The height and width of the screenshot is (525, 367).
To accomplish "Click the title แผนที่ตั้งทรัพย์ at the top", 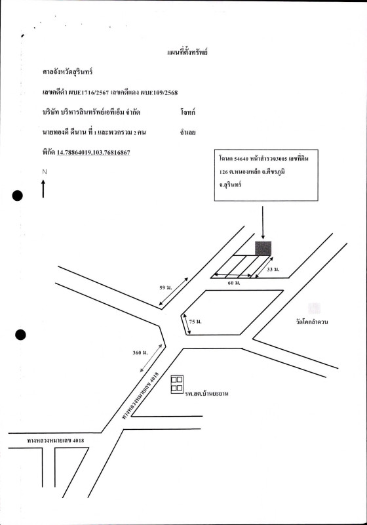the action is point(187,52).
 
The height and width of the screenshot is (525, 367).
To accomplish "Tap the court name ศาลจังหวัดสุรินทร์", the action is point(68,72).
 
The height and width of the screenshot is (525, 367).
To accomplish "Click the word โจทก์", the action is point(188,112).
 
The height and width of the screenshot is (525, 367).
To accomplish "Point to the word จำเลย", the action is point(187,133).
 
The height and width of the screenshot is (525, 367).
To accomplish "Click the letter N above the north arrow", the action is point(45,172).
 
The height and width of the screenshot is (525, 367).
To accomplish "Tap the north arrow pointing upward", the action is point(43,188).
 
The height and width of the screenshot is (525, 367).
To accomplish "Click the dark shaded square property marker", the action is point(263,248).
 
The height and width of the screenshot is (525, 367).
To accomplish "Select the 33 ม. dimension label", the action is point(273,269).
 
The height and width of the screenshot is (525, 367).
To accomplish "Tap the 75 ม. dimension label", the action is point(195,322).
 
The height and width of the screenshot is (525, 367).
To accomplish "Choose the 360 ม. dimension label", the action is point(140,352).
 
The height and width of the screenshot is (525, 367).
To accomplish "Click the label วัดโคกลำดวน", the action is point(312,322).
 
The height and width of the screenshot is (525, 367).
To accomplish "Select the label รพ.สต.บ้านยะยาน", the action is point(207,393).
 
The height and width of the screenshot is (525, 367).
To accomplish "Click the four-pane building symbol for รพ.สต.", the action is point(177,385).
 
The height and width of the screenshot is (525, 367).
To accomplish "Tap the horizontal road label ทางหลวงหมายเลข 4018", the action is point(56,440).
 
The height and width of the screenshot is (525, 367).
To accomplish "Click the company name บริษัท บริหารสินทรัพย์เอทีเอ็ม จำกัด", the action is point(91,112).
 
